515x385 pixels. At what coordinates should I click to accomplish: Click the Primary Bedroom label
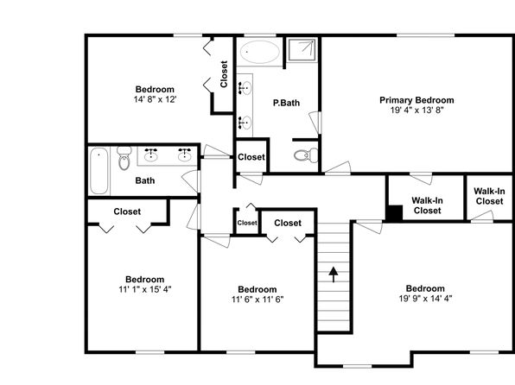(416, 100)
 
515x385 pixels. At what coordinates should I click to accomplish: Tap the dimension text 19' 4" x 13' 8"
(416, 110)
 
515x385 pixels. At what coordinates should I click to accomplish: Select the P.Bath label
(286, 103)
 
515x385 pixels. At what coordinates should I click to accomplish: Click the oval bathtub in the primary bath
(259, 52)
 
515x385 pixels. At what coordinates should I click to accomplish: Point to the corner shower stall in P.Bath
(302, 49)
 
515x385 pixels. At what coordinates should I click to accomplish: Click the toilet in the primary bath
(306, 155)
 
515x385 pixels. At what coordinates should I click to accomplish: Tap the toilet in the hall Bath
(124, 158)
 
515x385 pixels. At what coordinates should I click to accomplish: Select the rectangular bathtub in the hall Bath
(99, 171)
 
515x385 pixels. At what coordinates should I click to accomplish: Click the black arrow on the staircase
(334, 275)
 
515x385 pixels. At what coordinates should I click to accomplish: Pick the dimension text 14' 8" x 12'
(155, 99)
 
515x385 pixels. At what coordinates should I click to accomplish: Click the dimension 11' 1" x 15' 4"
(145, 289)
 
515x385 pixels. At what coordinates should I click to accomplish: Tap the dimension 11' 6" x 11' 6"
(257, 299)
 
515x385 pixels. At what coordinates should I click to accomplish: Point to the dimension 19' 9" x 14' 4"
(425, 299)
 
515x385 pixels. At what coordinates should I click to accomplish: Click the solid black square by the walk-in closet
(395, 213)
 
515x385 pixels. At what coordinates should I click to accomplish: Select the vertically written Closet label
(224, 74)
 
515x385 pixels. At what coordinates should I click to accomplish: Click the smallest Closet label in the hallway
(247, 223)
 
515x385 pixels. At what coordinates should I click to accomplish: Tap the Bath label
(145, 180)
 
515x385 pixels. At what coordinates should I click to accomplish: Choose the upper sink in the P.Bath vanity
(245, 88)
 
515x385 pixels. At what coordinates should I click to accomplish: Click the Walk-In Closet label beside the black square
(427, 205)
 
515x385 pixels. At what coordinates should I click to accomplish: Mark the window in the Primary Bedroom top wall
(425, 35)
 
